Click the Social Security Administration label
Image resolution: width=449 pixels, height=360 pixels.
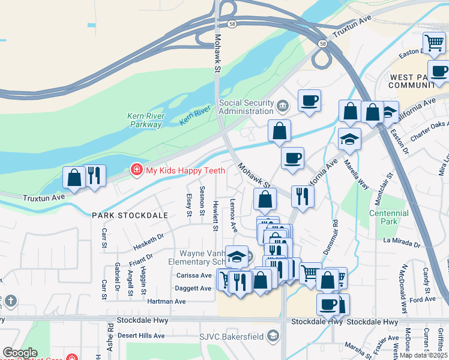(246, 107)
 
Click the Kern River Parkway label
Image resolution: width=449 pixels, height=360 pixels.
(146, 121)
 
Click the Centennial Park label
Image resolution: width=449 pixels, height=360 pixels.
(388, 217)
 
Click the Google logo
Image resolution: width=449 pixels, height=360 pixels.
(20, 353)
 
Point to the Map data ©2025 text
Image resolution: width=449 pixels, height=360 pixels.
(423, 355)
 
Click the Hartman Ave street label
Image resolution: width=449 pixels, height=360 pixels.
(166, 301)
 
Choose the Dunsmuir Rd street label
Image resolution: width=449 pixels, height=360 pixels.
(335, 238)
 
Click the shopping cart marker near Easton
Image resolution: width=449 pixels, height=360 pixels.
(433, 43)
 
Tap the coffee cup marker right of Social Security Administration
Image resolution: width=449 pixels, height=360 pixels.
(309, 100)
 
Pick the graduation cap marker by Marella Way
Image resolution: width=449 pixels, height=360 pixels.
(349, 139)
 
